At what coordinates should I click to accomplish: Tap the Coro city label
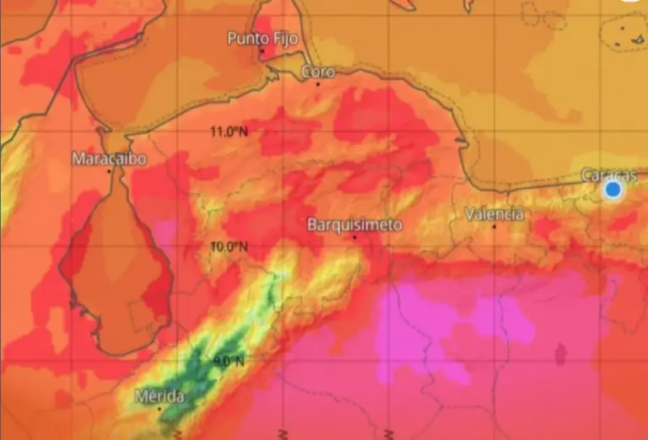pyautogui.click(x=318, y=72)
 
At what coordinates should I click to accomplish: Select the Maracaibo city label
pyautogui.click(x=110, y=158)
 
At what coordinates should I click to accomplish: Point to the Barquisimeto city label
pyautogui.click(x=354, y=225)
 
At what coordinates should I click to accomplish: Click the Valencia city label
pyautogui.click(x=494, y=214)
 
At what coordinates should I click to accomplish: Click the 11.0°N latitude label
pyautogui.click(x=229, y=131)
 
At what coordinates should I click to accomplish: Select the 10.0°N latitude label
pyautogui.click(x=229, y=246)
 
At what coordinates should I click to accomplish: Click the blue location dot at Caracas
pyautogui.click(x=613, y=190)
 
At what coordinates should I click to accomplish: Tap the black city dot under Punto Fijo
pyautogui.click(x=262, y=52)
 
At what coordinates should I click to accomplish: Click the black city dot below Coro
pyautogui.click(x=318, y=83)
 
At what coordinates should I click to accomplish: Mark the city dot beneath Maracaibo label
pyautogui.click(x=110, y=171)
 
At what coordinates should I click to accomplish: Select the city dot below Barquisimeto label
pyautogui.click(x=354, y=237)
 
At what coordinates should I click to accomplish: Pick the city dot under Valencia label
pyautogui.click(x=494, y=226)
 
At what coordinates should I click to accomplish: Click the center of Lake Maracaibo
pyautogui.click(x=114, y=270)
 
